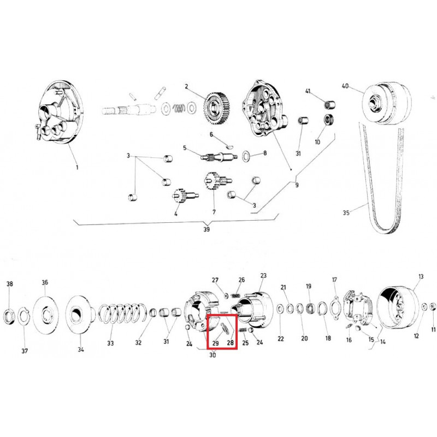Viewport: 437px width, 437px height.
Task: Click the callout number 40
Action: (x=345, y=86)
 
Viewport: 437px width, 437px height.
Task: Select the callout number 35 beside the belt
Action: (x=346, y=212)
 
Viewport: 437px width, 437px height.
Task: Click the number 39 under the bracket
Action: (x=206, y=229)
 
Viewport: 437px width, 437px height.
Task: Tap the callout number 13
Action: (x=421, y=276)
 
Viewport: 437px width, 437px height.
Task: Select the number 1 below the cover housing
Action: (x=77, y=168)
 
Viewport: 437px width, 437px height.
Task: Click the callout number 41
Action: (x=308, y=91)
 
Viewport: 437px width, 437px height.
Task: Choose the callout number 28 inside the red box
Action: (x=230, y=342)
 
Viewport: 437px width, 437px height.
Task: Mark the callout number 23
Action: (x=263, y=275)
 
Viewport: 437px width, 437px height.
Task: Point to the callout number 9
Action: (x=297, y=185)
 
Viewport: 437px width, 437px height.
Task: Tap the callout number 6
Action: (x=211, y=134)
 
